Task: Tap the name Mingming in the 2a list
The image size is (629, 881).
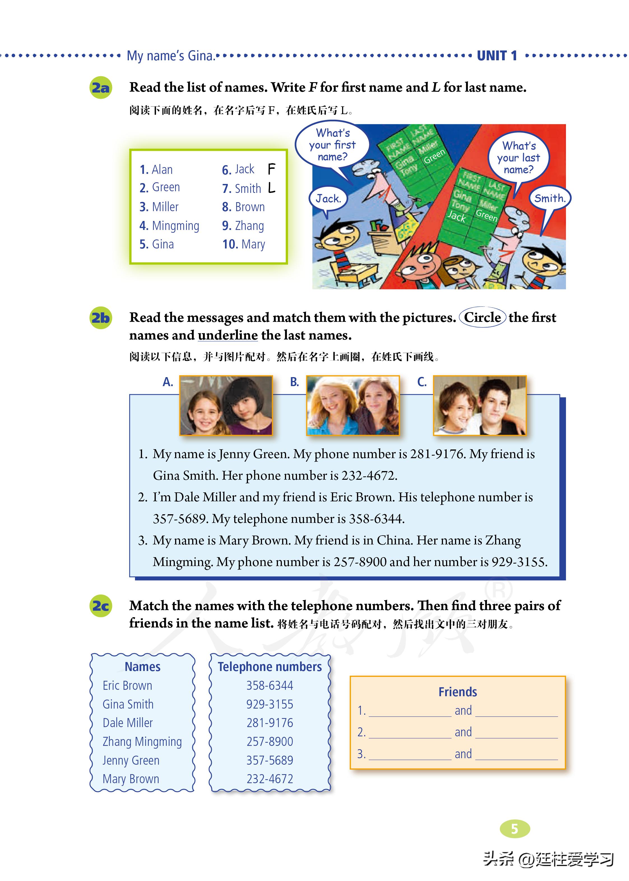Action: [x=175, y=226]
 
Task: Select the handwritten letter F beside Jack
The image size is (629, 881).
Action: [x=271, y=169]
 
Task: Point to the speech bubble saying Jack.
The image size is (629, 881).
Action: [x=328, y=199]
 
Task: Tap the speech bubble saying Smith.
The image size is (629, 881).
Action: [x=550, y=199]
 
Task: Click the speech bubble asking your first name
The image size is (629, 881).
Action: [x=332, y=145]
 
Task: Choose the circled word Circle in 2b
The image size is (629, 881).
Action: [x=482, y=317]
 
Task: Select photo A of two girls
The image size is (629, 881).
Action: [x=226, y=405]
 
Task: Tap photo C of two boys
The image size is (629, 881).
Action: [x=479, y=405]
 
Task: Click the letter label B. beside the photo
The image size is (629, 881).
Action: [x=294, y=382]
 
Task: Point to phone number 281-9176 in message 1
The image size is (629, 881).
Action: [x=438, y=454]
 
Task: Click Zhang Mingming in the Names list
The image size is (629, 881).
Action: [x=142, y=741]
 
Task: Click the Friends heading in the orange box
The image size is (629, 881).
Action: [x=458, y=692]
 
